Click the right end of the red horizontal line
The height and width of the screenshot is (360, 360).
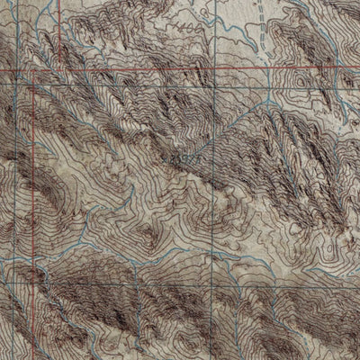coord(359,67)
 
